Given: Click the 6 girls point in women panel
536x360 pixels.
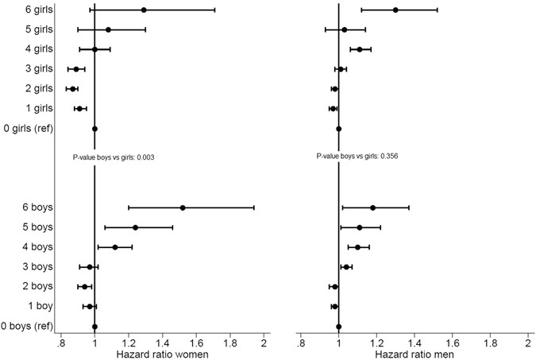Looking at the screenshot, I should [144, 10].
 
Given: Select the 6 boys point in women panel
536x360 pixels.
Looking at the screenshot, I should [183, 207].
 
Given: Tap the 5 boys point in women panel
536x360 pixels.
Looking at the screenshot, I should [136, 227].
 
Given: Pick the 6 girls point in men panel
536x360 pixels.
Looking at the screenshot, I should [395, 10].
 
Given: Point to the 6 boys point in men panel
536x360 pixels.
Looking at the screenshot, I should [372, 207].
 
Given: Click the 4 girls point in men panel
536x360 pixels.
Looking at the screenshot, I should [360, 49].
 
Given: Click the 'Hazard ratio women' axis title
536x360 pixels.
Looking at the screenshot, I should [162, 353].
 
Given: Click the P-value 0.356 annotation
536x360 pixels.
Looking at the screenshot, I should [357, 157].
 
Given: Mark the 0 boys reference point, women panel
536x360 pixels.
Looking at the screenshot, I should [94, 326].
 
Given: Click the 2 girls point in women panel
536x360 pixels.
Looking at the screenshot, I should [73, 89].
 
